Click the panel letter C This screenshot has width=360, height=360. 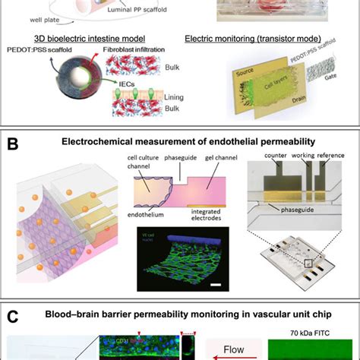[12, 313]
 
